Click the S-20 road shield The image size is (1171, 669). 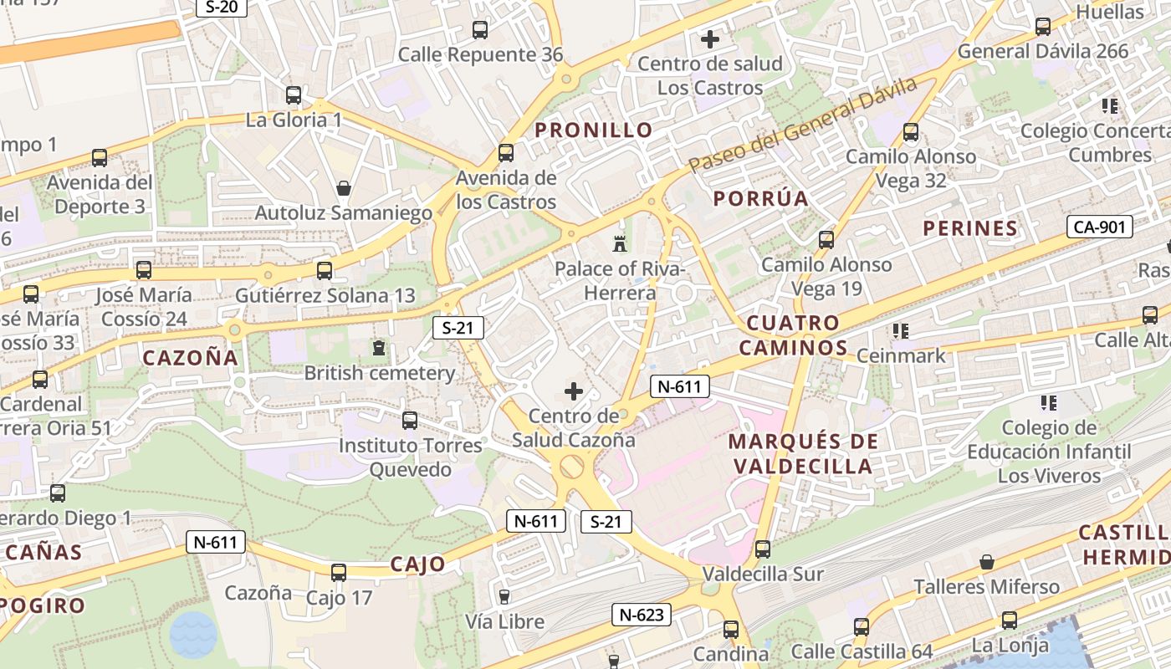click(221, 8)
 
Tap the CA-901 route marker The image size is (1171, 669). click(1099, 227)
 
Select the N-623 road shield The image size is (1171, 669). click(642, 615)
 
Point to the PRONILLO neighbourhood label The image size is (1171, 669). click(594, 130)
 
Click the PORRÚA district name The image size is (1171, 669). click(760, 199)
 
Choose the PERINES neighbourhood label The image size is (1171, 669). click(970, 228)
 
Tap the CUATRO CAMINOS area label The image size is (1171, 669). click(793, 335)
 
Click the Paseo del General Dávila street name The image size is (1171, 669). click(803, 125)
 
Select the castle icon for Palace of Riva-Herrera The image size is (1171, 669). click(620, 244)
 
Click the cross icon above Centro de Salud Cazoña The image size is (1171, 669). click(574, 391)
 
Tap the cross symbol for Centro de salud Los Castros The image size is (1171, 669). click(710, 38)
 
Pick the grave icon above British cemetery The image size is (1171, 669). click(379, 347)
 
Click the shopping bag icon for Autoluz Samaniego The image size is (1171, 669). click(343, 188)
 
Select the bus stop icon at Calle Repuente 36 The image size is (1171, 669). click(480, 30)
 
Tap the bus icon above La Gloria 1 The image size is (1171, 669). click(293, 95)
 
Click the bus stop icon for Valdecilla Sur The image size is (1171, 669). click(763, 549)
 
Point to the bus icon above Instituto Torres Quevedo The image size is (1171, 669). click(410, 421)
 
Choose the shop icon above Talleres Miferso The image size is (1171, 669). click(987, 561)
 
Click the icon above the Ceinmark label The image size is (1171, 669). click(901, 331)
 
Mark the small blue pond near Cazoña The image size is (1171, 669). click(193, 635)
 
